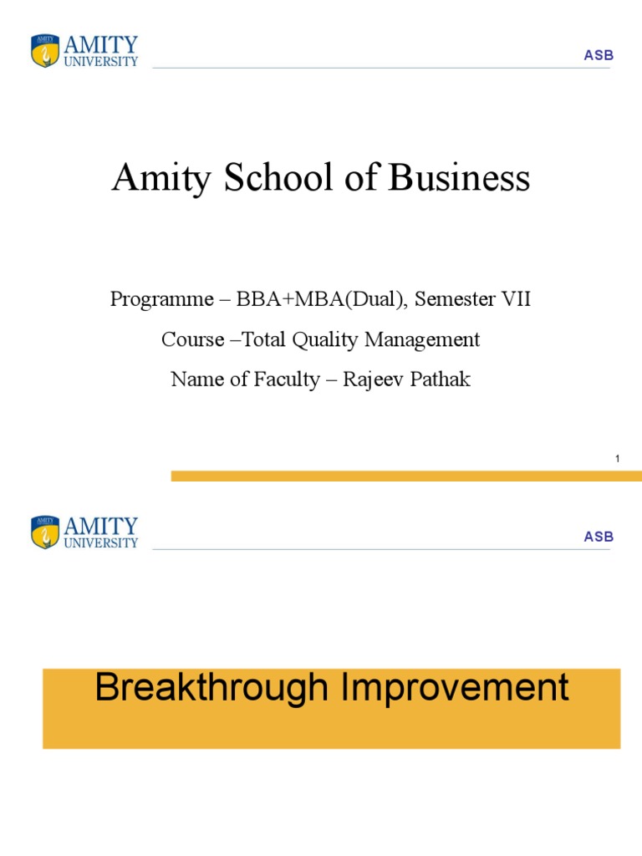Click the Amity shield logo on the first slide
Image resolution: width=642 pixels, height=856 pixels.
(45, 51)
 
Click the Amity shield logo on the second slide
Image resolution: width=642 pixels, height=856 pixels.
(45, 532)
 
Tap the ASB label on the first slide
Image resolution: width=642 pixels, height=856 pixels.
(599, 55)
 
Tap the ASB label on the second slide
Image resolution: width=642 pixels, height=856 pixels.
(599, 537)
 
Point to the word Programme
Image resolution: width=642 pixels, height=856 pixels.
(154, 300)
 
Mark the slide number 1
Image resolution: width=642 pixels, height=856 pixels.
(616, 459)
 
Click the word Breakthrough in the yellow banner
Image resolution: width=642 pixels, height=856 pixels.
(211, 688)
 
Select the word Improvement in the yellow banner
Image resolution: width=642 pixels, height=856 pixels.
(454, 688)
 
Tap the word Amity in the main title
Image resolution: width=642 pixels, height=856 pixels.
(164, 178)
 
